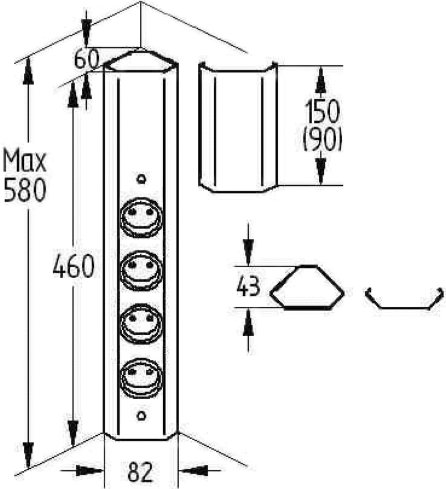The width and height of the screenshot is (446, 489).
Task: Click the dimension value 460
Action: click(x=73, y=266)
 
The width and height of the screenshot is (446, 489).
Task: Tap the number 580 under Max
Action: click(x=25, y=189)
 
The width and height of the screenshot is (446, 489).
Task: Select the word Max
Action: click(x=24, y=161)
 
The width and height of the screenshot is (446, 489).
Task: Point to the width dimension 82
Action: click(x=141, y=471)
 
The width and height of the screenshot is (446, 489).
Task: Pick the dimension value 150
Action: click(x=321, y=111)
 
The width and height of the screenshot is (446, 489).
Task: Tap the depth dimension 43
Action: click(x=248, y=287)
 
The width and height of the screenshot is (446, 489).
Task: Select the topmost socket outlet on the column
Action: click(x=141, y=218)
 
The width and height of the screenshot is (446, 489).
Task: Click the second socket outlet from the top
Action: click(x=141, y=271)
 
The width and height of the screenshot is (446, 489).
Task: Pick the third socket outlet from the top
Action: click(x=141, y=324)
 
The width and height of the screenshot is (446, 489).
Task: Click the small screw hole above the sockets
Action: click(x=142, y=178)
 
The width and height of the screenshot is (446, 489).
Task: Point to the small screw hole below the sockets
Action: click(x=142, y=416)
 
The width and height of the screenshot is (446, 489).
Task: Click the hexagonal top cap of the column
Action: click(x=141, y=61)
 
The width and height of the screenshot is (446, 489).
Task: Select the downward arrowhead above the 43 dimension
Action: click(x=248, y=252)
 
